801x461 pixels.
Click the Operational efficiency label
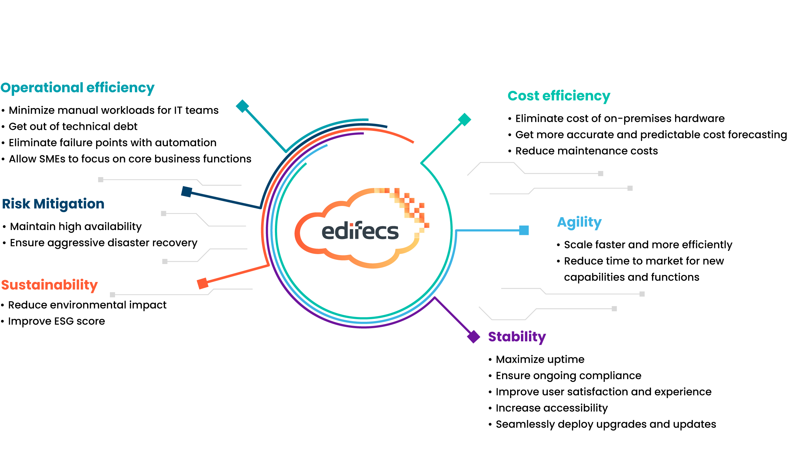pos(77,88)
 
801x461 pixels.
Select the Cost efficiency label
pos(559,96)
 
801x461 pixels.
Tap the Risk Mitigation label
pos(53,204)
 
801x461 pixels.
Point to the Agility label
pos(579,222)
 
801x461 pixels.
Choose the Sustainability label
pos(49,285)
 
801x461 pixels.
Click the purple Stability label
pos(517,337)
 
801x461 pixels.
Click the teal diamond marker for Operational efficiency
pos(242,106)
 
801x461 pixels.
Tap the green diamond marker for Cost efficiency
pos(464,119)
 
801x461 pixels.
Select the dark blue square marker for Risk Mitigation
pos(186,192)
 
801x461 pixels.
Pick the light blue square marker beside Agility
pos(524,230)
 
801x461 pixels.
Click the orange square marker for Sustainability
pos(202,284)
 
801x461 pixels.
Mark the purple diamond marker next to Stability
pos(474,337)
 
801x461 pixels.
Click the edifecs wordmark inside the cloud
pos(360,231)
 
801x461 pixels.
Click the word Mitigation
pos(69,204)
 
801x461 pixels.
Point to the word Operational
pos(42,88)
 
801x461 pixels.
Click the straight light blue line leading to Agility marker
pos(487,230)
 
